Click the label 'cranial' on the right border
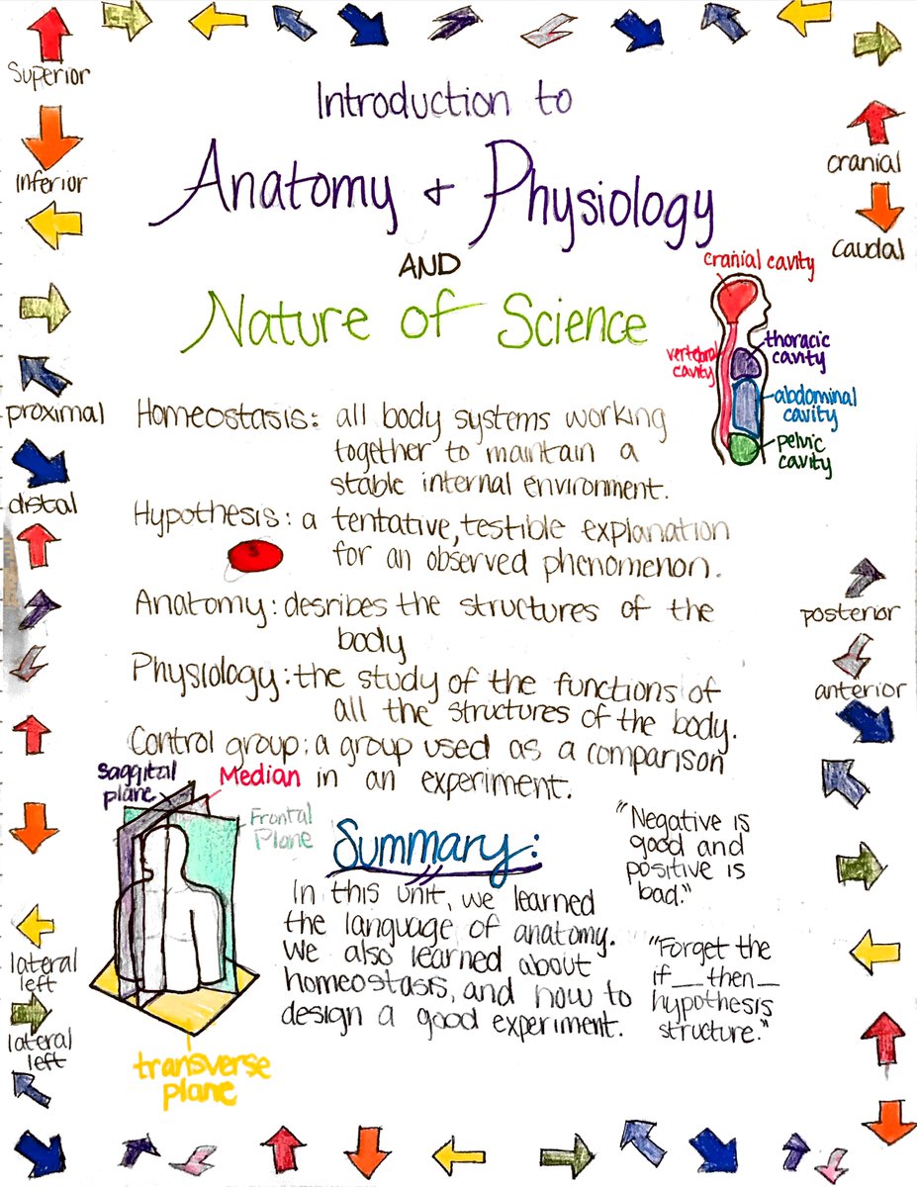click(x=864, y=163)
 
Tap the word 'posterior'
click(x=851, y=614)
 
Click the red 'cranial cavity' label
click(x=759, y=262)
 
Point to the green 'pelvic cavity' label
click(x=801, y=452)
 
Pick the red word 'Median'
click(x=260, y=776)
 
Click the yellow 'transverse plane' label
click(x=202, y=1077)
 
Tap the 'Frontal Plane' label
click(x=280, y=828)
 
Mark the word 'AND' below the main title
click(x=429, y=265)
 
